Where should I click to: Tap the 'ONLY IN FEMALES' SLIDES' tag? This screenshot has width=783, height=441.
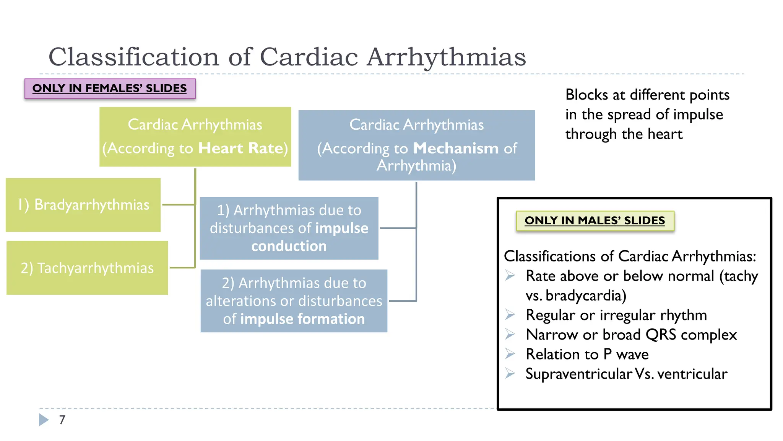tap(110, 88)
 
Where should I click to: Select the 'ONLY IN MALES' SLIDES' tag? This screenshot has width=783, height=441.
tap(595, 220)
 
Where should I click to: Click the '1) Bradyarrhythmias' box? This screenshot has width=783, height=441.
tap(83, 205)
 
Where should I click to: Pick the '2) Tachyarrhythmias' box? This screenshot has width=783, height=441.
tap(87, 268)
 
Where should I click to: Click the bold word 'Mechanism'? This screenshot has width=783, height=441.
tap(456, 148)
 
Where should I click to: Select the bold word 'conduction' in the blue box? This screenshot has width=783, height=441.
tap(289, 246)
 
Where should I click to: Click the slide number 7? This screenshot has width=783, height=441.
tap(62, 420)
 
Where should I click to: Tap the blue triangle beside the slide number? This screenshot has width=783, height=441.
tap(44, 420)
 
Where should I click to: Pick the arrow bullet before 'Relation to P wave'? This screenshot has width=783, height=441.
tap(510, 353)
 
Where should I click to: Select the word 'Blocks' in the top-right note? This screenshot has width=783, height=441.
tap(586, 95)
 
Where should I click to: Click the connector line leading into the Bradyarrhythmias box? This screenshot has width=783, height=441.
tap(179, 205)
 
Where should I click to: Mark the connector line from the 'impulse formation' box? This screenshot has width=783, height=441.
tap(402, 301)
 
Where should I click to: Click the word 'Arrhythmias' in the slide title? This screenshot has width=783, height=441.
tap(446, 57)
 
